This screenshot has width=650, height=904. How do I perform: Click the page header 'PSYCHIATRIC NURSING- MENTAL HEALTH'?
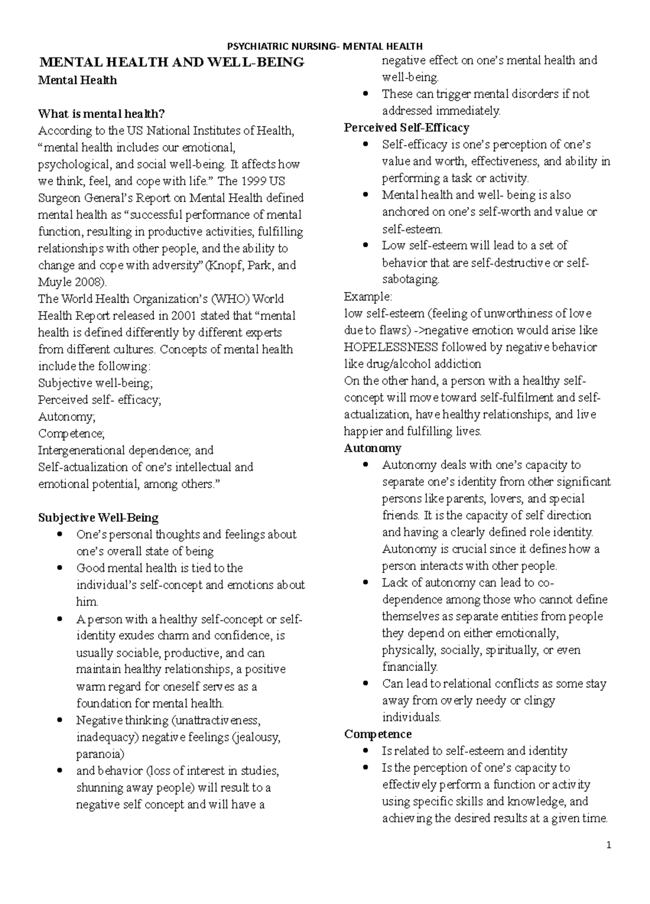[x=324, y=46]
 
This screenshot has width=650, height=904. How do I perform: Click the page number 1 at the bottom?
[x=609, y=845]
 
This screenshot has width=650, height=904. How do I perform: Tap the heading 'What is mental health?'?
[x=101, y=114]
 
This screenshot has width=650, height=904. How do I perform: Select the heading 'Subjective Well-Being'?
[x=98, y=517]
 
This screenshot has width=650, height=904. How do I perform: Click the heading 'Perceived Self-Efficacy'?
[x=406, y=128]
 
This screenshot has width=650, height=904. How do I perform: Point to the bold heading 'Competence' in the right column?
[x=378, y=734]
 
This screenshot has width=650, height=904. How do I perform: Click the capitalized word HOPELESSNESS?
[x=391, y=347]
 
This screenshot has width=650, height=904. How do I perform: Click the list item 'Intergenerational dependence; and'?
[x=126, y=450]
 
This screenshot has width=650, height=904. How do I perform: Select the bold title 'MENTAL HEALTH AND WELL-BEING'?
[x=171, y=62]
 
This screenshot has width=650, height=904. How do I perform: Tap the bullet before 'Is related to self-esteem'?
[x=367, y=751]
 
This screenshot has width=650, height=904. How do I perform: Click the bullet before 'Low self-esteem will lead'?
[x=367, y=246]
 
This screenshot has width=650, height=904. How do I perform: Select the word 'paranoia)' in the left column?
[x=100, y=754]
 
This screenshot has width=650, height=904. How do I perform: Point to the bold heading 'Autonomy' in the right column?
[x=372, y=448]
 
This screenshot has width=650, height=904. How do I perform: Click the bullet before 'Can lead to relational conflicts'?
[x=367, y=684]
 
